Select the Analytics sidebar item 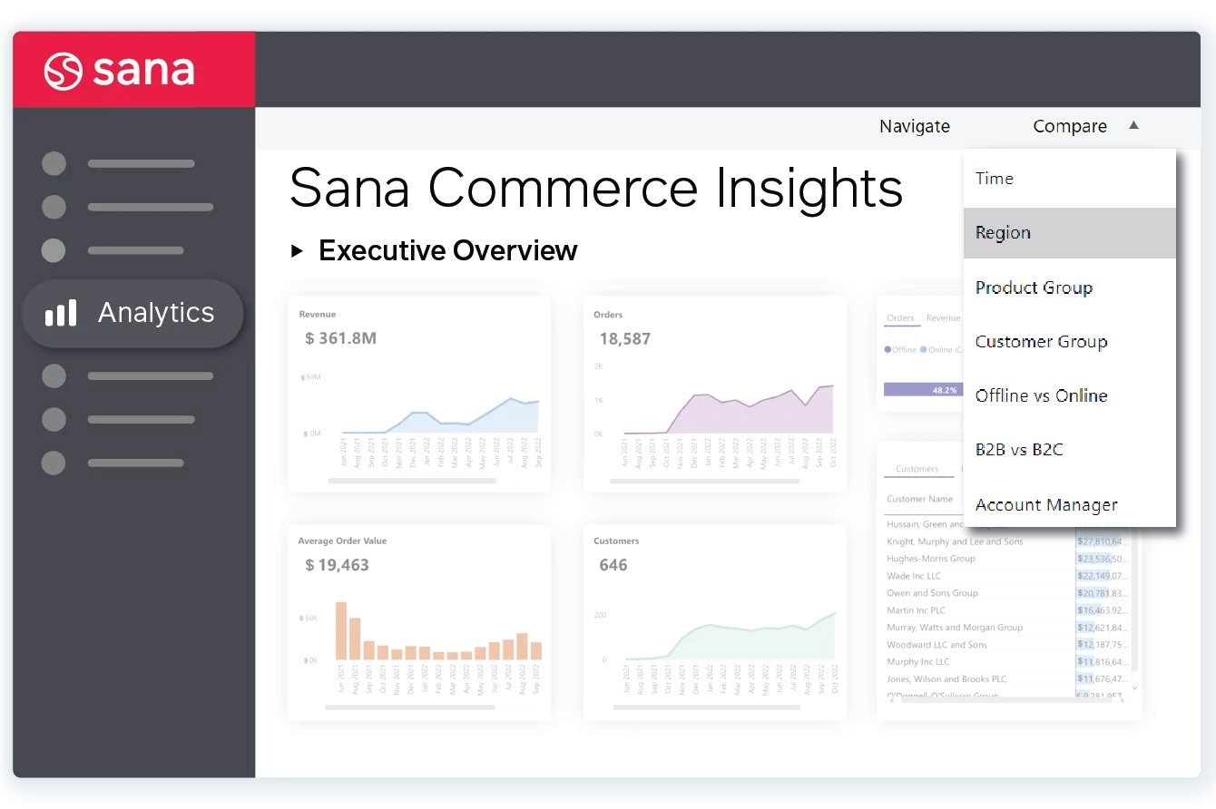(x=132, y=313)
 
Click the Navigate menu (x=914, y=127)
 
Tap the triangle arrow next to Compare (x=1133, y=126)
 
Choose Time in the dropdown (x=994, y=179)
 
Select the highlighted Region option (x=1003, y=233)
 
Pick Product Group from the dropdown (x=1034, y=288)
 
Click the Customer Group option (x=1041, y=342)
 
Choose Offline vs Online (x=1041, y=396)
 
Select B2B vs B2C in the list (x=1018, y=450)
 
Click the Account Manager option (x=1045, y=505)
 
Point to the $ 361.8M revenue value (x=340, y=339)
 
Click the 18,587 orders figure (x=624, y=339)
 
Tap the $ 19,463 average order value (x=337, y=565)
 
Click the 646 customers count (x=613, y=565)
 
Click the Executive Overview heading (x=447, y=250)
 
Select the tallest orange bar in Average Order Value (x=341, y=630)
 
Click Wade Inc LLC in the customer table (x=913, y=576)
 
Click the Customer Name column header (x=919, y=499)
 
